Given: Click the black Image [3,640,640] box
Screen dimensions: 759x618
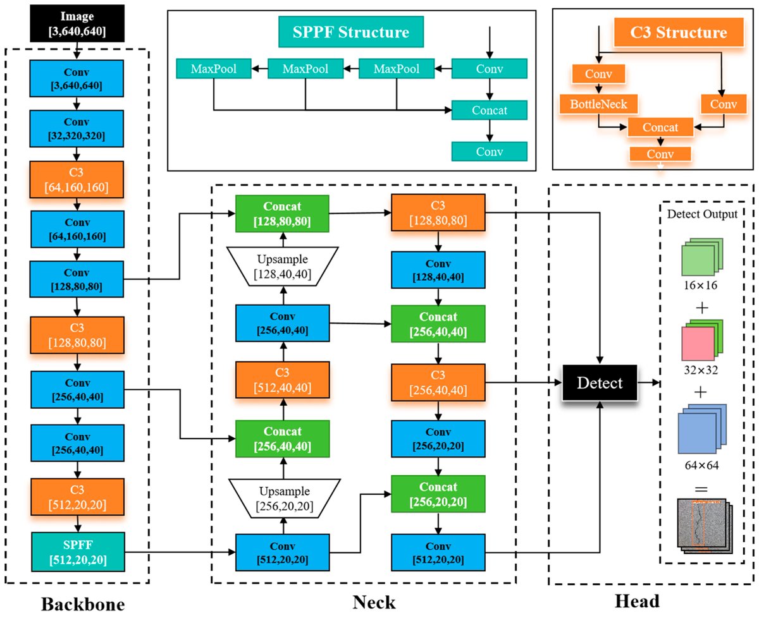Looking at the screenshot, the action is [77, 23].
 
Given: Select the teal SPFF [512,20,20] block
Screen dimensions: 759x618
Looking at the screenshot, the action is [78, 552].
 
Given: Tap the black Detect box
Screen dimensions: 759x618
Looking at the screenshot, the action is [600, 383].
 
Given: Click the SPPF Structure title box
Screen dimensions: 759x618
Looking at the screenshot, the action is [351, 32].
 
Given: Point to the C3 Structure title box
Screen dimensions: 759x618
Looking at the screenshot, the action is [679, 32].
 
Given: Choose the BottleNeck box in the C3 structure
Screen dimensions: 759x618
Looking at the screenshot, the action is [598, 104].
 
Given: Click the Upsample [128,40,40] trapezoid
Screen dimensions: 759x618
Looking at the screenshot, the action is [283, 266].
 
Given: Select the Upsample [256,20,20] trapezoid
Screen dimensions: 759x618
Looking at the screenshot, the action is [285, 498].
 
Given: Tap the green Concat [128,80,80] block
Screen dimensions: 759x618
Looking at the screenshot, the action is [282, 214].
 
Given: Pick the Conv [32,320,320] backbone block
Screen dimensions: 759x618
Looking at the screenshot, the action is [77, 128].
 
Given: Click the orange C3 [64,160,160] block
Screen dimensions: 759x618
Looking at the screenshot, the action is [77, 179].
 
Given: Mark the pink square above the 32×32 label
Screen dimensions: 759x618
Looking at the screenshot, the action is [698, 344].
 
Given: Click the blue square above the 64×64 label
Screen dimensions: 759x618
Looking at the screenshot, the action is [697, 433].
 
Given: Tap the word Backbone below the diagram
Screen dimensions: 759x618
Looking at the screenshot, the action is [83, 604].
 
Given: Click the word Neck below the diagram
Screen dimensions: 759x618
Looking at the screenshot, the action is [374, 602].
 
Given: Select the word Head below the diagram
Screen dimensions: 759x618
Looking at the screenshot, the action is [637, 601].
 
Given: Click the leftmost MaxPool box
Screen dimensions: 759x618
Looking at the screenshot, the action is [214, 69].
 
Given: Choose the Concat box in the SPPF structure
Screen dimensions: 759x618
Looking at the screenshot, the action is [490, 110].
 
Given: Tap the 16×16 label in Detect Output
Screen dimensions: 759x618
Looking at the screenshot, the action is [700, 285].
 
